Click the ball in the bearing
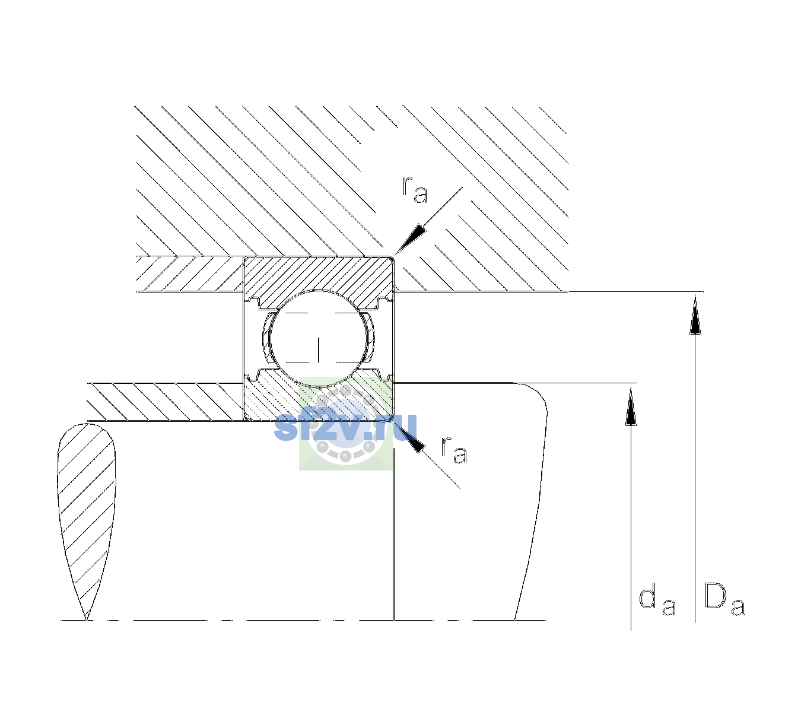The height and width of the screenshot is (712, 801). coord(319,338)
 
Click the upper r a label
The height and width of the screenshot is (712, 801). coord(415,189)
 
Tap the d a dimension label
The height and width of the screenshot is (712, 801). coord(657,602)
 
